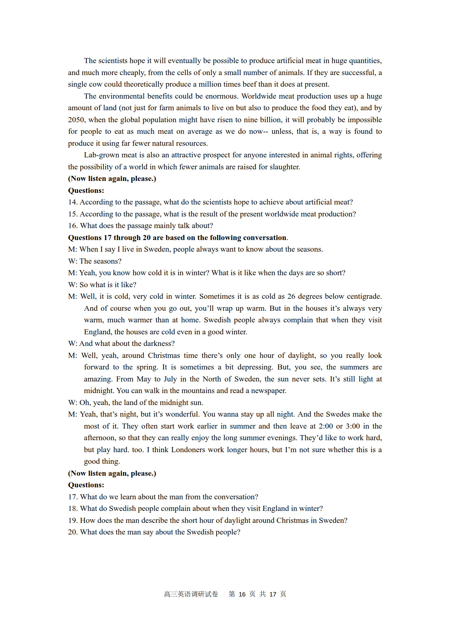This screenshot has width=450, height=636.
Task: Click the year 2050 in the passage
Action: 76,120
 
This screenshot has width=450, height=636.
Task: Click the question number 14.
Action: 73,202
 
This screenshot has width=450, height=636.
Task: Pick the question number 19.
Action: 73,520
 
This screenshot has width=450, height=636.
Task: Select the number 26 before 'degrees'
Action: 291,296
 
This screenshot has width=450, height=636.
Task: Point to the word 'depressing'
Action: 254,367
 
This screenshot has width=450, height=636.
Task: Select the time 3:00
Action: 352,426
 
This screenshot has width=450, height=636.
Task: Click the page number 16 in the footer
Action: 242,594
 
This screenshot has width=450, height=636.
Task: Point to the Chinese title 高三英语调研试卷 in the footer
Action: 191,594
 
